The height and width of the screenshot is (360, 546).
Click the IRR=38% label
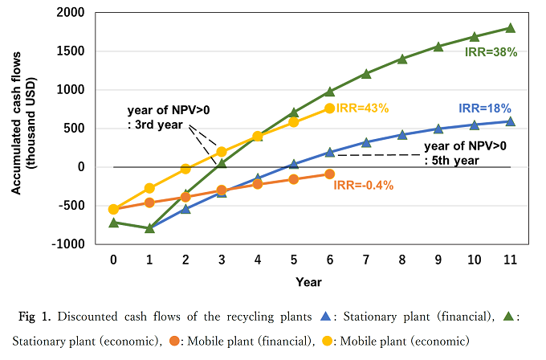(x=491, y=52)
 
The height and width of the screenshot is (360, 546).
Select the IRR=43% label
(x=362, y=108)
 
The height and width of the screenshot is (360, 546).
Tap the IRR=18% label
(x=484, y=108)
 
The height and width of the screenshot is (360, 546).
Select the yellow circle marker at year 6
(x=330, y=108)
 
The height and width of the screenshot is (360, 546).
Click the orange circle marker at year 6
(x=330, y=174)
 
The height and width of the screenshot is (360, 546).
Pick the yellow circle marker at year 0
(x=113, y=209)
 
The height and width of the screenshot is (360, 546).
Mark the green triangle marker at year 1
(x=149, y=227)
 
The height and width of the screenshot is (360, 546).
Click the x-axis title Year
(x=308, y=282)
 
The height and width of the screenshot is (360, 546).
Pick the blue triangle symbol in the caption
(x=326, y=316)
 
